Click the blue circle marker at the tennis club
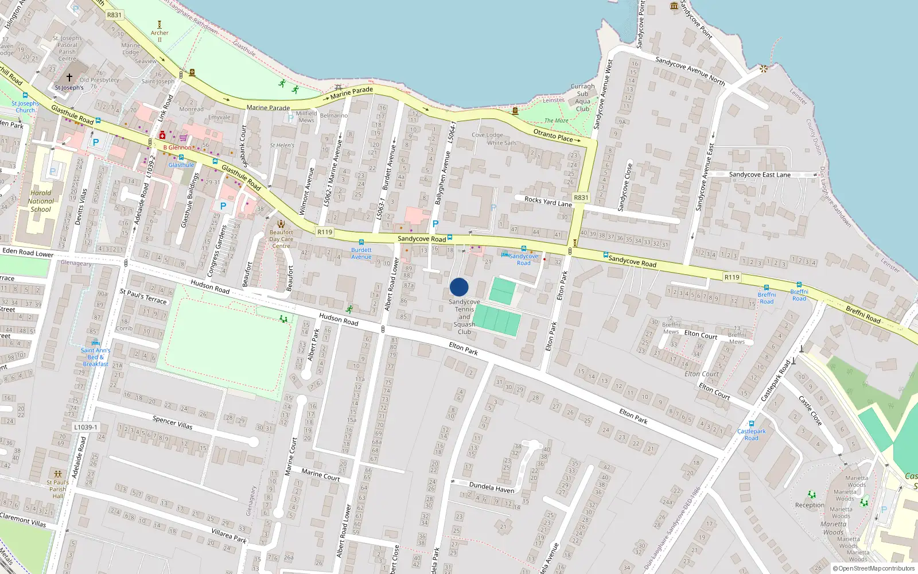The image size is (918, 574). [459, 287]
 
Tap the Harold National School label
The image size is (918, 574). [41, 201]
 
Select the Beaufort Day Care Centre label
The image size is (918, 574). [281, 239]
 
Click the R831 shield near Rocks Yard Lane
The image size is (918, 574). [581, 197]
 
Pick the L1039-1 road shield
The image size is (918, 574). [85, 427]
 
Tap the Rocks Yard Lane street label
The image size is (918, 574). [548, 201]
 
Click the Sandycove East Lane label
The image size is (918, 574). [760, 174]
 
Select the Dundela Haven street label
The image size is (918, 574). [492, 488]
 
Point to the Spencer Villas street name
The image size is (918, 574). [172, 422]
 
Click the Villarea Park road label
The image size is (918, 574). [229, 536]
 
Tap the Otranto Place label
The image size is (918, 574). [553, 135]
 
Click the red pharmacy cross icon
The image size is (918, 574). [162, 135]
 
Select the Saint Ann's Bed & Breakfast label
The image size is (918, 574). [96, 357]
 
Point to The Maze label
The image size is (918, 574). [556, 121]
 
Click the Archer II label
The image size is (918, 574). [160, 36]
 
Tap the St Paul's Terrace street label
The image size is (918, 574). [143, 296]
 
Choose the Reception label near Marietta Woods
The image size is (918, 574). [810, 505]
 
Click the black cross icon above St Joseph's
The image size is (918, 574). [69, 77]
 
